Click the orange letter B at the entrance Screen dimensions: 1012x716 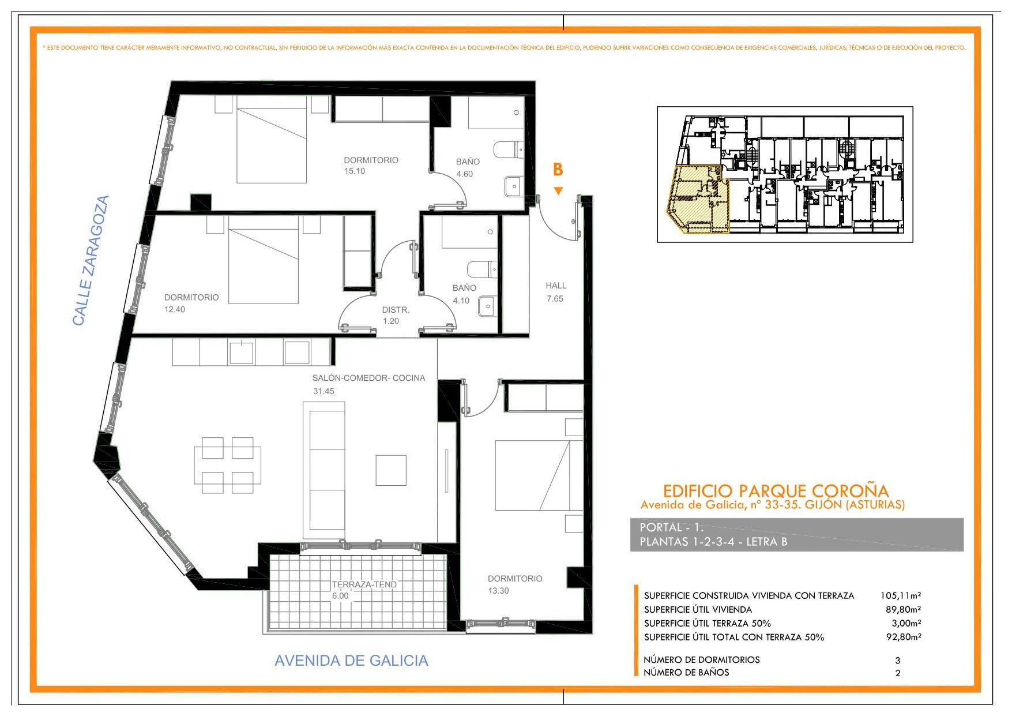point(558,170)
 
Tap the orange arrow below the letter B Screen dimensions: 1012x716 point(558,191)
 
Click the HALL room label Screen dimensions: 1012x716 point(556,286)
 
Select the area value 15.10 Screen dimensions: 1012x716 point(355,171)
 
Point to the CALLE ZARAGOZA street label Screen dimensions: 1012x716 point(91,261)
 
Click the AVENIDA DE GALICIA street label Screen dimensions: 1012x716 point(351,661)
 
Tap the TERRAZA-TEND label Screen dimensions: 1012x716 point(364,584)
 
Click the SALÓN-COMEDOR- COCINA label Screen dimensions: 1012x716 point(369,378)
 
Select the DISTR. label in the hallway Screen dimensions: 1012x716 point(396,310)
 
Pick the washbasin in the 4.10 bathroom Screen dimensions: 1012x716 point(487,306)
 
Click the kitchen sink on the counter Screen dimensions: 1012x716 point(242,353)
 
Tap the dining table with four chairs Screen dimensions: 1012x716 point(227,465)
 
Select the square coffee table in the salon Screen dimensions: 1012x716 point(391,470)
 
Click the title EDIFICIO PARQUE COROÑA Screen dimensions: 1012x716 point(776,491)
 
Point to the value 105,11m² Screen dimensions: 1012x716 point(900,595)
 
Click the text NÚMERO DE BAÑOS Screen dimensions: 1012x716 point(686,672)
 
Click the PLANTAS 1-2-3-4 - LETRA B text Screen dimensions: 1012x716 point(713,542)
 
